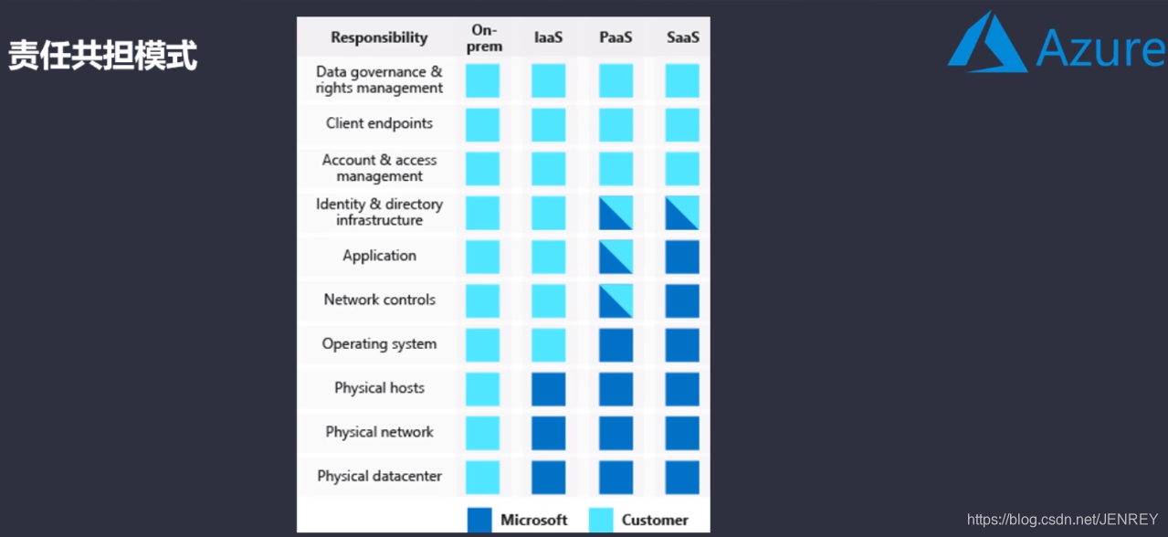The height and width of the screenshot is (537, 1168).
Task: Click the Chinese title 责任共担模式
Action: pyautogui.click(x=103, y=56)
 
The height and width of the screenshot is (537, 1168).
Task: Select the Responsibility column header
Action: pyautogui.click(x=379, y=37)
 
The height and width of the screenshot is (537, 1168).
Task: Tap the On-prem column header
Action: pyautogui.click(x=484, y=37)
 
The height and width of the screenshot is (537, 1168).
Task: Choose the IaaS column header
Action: pyautogui.click(x=549, y=37)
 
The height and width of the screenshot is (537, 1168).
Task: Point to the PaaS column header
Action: pyautogui.click(x=616, y=37)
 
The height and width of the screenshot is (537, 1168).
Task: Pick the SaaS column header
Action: pyautogui.click(x=682, y=37)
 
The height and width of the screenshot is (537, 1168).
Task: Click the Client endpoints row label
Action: pyautogui.click(x=379, y=123)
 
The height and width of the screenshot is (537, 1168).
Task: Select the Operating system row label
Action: pyautogui.click(x=379, y=344)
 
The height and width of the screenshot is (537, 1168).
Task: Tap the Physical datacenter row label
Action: pyautogui.click(x=379, y=476)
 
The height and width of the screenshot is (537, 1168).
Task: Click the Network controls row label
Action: pyautogui.click(x=379, y=300)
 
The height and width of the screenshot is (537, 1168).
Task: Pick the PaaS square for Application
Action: pyautogui.click(x=616, y=257)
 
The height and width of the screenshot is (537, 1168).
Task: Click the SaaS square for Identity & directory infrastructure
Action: pyautogui.click(x=682, y=213)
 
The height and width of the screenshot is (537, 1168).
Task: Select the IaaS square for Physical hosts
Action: pyautogui.click(x=549, y=389)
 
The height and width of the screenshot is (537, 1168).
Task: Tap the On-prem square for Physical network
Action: pyautogui.click(x=483, y=433)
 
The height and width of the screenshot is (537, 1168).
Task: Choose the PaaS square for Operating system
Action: pyautogui.click(x=616, y=345)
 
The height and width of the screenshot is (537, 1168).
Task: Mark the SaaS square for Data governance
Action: pyautogui.click(x=682, y=80)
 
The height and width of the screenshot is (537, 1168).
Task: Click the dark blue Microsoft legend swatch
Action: pyautogui.click(x=479, y=520)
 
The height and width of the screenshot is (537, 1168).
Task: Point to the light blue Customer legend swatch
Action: pyautogui.click(x=601, y=520)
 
